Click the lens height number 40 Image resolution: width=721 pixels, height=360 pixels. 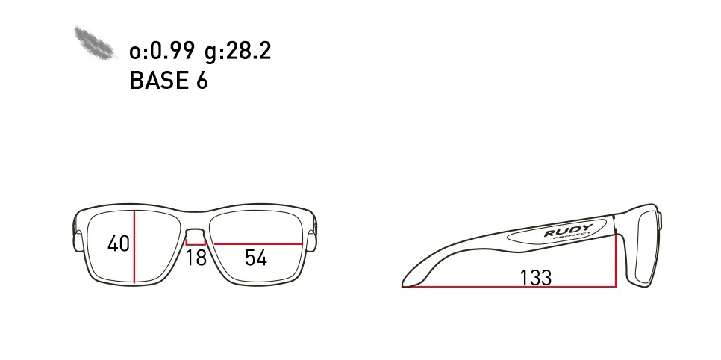pyautogui.click(x=118, y=243)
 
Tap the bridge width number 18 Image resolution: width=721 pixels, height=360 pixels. pyautogui.click(x=196, y=258)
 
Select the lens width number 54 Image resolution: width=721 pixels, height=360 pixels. pyautogui.click(x=256, y=258)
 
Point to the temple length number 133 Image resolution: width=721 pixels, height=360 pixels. pyautogui.click(x=535, y=278)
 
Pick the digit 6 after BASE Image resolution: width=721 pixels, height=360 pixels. pyautogui.click(x=202, y=81)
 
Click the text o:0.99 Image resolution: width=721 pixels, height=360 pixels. pyautogui.click(x=162, y=51)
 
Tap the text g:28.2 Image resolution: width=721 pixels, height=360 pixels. pyautogui.click(x=238, y=51)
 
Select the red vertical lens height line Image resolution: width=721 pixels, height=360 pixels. pyautogui.click(x=134, y=246)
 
